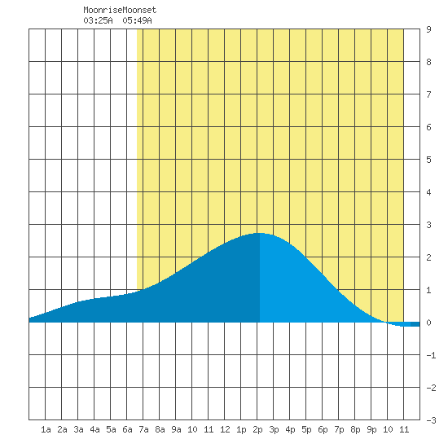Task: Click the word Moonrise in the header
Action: point(103,10)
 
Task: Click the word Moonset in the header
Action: point(139,10)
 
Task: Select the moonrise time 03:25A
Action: point(98,20)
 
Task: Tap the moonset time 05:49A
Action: point(137,20)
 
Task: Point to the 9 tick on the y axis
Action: point(428,29)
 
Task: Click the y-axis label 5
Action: point(428,160)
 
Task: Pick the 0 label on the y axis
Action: point(428,323)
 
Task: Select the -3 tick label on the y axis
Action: point(431,420)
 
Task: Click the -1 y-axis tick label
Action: point(431,355)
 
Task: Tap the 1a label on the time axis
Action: point(46,429)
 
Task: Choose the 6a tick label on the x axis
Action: point(127,429)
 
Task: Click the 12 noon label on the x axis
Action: point(225,429)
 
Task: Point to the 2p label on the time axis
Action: point(257,429)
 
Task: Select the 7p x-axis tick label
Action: point(339,429)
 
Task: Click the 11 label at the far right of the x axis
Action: point(404,429)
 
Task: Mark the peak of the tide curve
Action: point(259,233)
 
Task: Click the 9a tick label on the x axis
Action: point(176,429)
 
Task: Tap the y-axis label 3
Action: point(428,225)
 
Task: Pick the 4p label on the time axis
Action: point(290,429)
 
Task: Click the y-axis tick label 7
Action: point(428,94)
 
